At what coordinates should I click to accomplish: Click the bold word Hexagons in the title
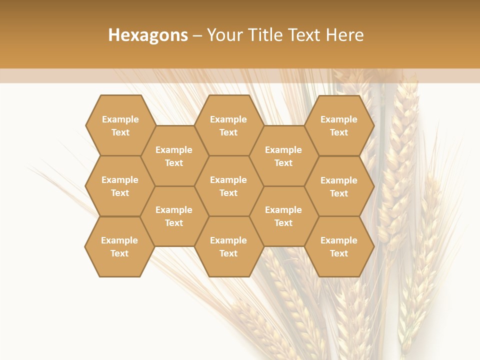point(148,35)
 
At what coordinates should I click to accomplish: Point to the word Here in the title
point(344,35)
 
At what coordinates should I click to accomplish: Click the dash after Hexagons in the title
point(197,35)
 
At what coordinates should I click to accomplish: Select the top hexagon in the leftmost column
point(120,125)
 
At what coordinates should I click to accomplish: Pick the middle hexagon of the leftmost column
point(120,186)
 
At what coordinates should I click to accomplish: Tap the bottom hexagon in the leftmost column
point(119,246)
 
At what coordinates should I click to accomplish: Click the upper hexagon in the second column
point(174,156)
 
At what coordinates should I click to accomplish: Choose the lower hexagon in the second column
point(174,216)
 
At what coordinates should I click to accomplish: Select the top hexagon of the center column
point(228,125)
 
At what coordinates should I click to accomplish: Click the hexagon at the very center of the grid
point(228,186)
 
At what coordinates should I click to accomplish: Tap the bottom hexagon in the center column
point(228,246)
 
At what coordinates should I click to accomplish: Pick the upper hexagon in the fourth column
point(283,156)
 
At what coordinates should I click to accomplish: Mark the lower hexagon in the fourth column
point(283,216)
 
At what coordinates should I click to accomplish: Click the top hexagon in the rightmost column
point(339,125)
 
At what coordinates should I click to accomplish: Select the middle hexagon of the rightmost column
point(339,186)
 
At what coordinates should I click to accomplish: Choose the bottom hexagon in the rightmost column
point(339,246)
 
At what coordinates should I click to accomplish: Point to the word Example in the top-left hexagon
point(120,119)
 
